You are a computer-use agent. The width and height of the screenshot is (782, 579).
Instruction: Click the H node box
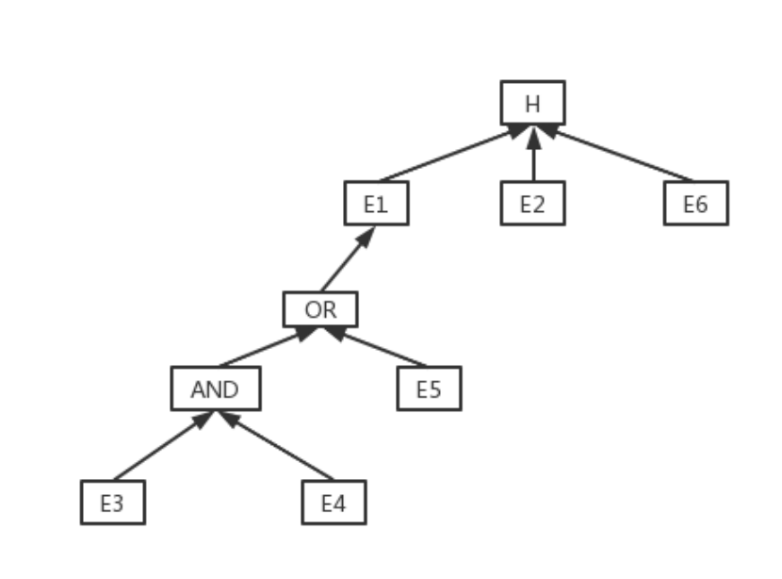click(x=532, y=103)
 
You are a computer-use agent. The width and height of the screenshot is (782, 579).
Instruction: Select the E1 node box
click(x=376, y=204)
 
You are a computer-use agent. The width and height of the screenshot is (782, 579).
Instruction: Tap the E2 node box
click(x=532, y=204)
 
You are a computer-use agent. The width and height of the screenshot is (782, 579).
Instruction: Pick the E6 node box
click(x=695, y=204)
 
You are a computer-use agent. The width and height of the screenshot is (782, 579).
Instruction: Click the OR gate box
click(x=320, y=309)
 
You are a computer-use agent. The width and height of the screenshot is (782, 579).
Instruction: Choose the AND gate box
click(x=215, y=389)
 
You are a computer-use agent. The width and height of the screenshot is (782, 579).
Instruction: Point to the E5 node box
click(x=429, y=389)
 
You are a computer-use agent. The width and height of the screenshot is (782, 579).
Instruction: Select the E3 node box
click(x=112, y=503)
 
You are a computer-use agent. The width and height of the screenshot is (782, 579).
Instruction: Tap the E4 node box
click(x=334, y=503)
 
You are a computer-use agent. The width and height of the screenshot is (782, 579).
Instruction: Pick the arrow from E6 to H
click(x=617, y=154)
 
